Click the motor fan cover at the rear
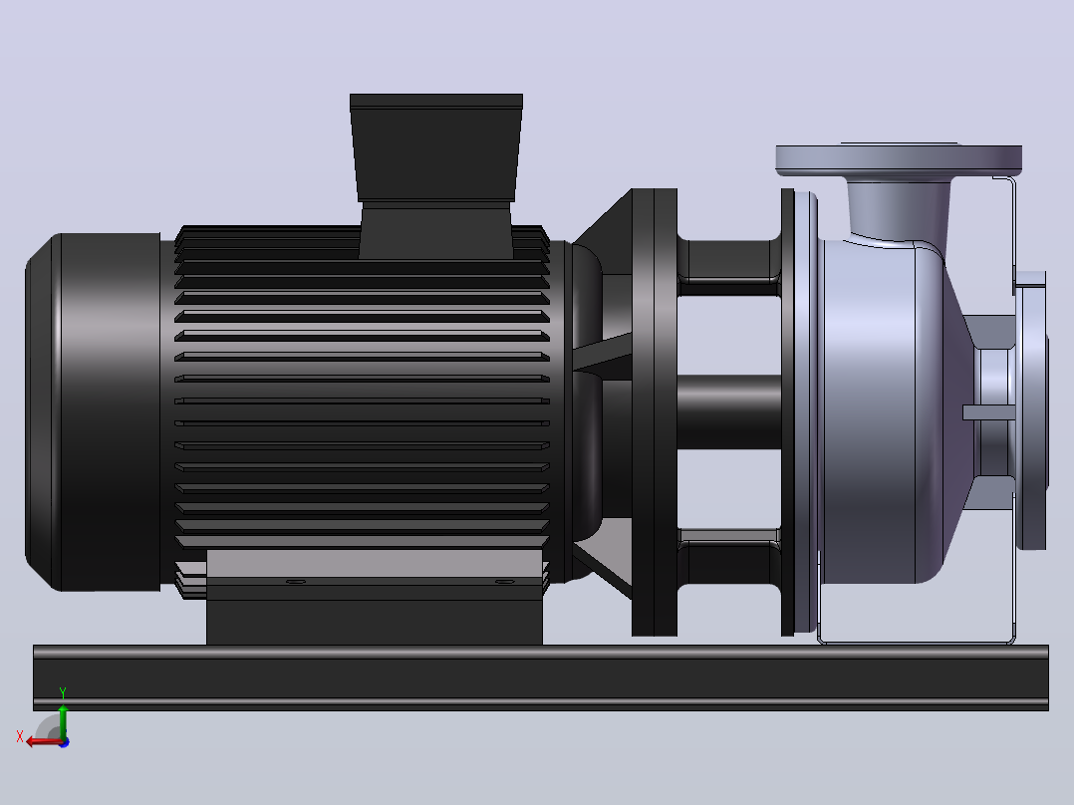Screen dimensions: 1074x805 coord(93,411)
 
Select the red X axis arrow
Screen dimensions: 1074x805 coord(45,742)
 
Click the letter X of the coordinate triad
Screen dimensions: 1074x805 coord(20,737)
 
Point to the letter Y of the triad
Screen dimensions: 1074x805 coord(63,692)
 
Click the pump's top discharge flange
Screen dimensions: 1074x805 coord(899,159)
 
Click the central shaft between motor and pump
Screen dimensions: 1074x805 coord(729,411)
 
